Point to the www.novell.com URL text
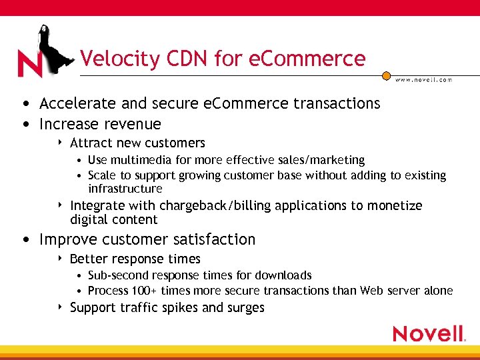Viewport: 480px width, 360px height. (x=424, y=79)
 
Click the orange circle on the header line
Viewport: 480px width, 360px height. (x=386, y=76)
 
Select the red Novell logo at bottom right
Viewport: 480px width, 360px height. (x=429, y=333)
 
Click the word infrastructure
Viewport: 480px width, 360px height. (x=125, y=189)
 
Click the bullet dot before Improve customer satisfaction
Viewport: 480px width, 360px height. (x=25, y=239)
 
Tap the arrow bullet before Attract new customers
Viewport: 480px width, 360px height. (x=61, y=143)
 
